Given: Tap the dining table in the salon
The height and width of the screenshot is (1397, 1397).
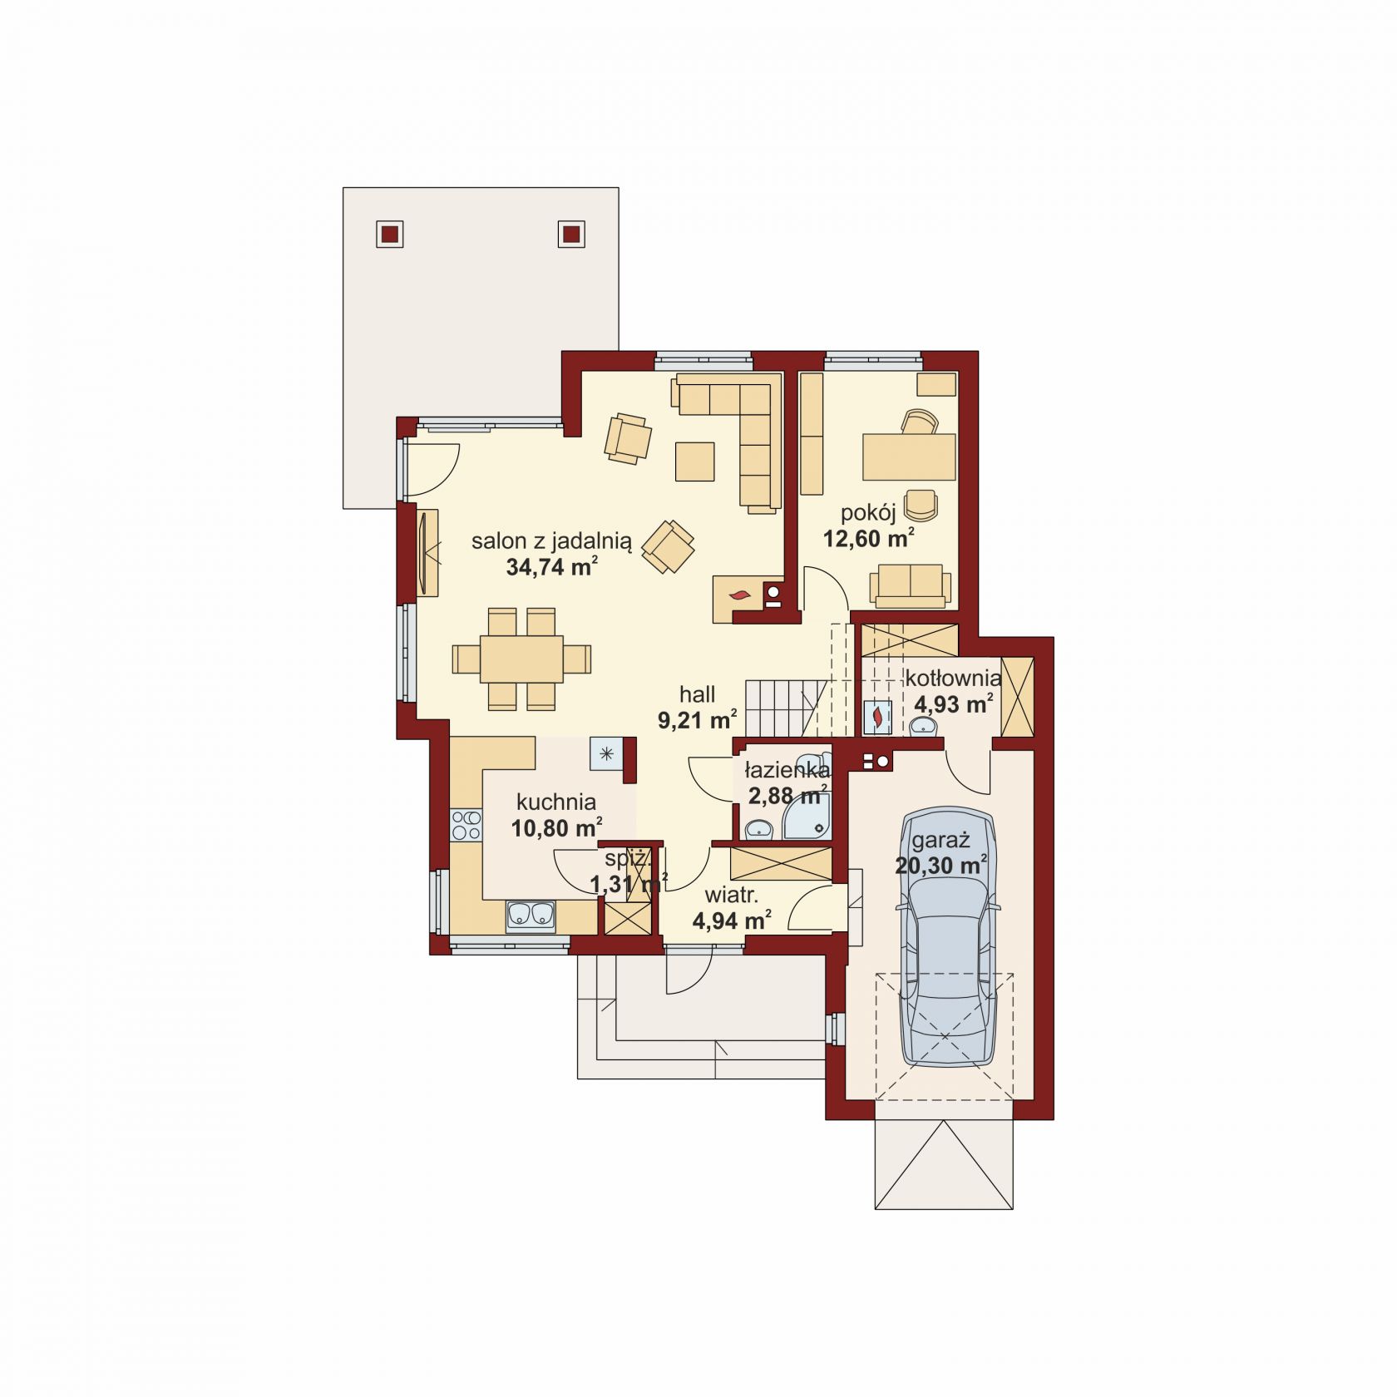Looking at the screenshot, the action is click(x=521, y=659).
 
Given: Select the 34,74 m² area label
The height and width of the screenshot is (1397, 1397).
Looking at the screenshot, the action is click(x=552, y=567).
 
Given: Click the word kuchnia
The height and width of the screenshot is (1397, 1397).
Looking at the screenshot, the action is click(x=556, y=802).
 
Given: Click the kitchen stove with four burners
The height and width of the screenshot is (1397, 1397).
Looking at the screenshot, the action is click(x=466, y=825).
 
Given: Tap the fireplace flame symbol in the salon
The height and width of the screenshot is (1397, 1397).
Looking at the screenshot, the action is click(x=738, y=595).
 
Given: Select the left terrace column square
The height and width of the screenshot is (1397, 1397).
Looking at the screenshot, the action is click(x=390, y=234).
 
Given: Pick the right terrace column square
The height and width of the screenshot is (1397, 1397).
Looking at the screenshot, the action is click(x=571, y=234).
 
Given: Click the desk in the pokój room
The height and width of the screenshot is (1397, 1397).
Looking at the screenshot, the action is click(x=910, y=457).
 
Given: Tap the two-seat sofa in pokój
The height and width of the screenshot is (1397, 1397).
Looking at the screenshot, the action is click(x=911, y=585).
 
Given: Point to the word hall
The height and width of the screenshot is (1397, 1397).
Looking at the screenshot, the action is click(x=697, y=694).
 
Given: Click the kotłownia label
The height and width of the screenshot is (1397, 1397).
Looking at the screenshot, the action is click(x=953, y=677).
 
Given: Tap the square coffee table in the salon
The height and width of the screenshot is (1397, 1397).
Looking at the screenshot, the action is click(x=695, y=462).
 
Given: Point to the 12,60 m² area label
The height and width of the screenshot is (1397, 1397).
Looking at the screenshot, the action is click(x=869, y=539).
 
